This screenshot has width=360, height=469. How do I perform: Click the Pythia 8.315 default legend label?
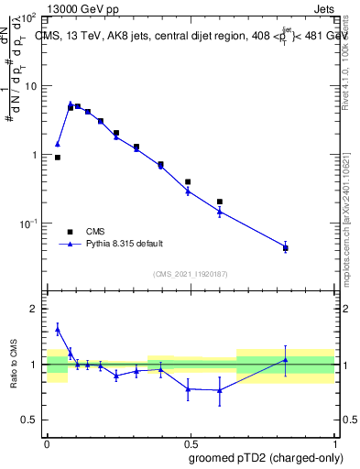click(x=125, y=244)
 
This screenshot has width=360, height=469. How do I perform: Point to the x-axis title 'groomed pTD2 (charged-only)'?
click(x=267, y=457)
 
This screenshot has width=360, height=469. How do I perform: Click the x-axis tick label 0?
click(x=47, y=442)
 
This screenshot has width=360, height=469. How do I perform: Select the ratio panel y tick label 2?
click(x=34, y=310)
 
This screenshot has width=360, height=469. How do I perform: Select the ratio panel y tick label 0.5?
click(x=30, y=420)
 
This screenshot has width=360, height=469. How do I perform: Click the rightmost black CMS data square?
click(x=286, y=248)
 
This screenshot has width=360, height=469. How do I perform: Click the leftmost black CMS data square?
click(x=58, y=158)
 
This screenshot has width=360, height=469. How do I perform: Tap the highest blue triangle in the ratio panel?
click(x=58, y=329)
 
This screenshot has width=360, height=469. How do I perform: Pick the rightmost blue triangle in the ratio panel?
click(x=286, y=360)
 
